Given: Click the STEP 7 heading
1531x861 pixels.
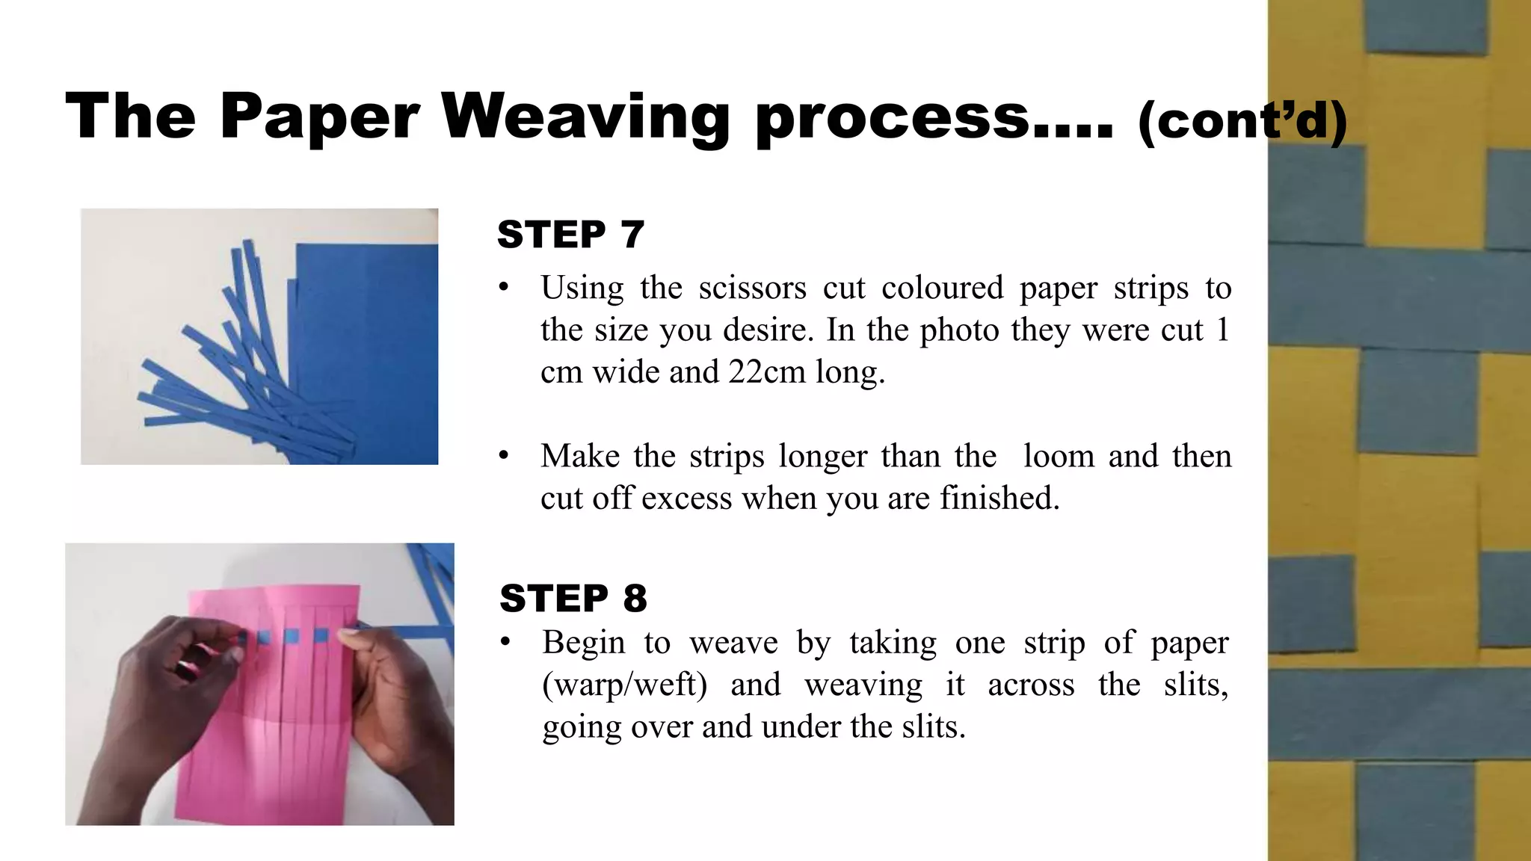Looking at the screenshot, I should tap(570, 235).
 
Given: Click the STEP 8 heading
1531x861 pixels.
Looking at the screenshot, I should tap(573, 599).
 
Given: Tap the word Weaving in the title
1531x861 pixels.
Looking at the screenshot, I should tap(585, 117).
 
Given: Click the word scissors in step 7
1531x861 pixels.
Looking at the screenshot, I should tap(752, 288).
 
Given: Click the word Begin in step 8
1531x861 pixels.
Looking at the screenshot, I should tap(582, 643).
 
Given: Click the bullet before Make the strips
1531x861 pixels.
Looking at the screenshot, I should tap(505, 456).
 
